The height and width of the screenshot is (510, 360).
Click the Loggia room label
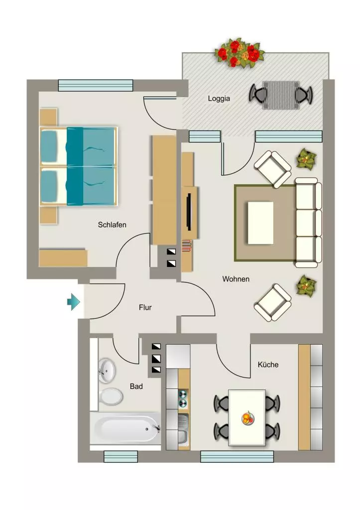point(219,99)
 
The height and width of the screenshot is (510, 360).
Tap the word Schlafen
point(112,225)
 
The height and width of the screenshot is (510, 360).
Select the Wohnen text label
point(236,279)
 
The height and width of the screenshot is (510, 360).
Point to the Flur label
point(145,307)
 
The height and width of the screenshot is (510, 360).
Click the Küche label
point(268,365)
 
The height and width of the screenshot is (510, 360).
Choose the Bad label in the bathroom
point(136,386)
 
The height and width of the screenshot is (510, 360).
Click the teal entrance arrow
point(74,302)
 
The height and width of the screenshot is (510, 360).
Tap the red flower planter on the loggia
point(240,53)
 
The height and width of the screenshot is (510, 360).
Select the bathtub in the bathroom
point(125,429)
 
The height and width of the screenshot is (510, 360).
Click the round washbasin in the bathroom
point(107,371)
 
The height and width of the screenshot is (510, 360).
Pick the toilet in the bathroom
point(111,396)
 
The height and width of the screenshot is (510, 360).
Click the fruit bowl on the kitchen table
point(248,418)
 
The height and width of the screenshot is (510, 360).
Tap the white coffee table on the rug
point(260,223)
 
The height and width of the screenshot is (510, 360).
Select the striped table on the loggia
point(281,95)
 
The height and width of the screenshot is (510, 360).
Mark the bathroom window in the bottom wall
point(120,456)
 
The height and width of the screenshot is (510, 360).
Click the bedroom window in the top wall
point(96,85)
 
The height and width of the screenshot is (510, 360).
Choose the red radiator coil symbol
point(187,246)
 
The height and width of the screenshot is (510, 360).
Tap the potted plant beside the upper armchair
point(306,158)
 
